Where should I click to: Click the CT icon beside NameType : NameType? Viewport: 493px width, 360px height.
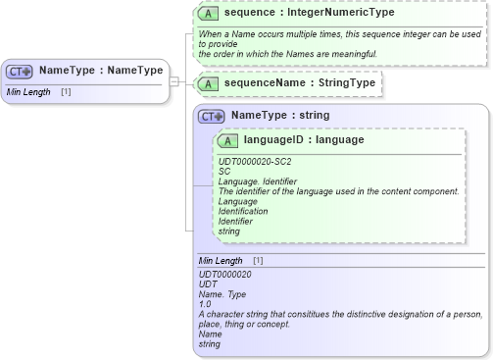tap(20, 71)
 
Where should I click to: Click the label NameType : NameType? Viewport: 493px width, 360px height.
tap(86, 71)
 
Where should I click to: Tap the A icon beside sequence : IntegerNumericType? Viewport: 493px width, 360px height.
tap(208, 14)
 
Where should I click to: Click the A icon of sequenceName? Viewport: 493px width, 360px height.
tap(207, 83)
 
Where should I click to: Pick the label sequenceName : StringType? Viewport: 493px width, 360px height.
tap(286, 83)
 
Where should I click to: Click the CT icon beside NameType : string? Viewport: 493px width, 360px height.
tap(212, 116)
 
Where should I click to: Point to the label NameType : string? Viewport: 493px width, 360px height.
tap(280, 116)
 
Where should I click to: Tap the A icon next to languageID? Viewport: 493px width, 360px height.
tap(230, 140)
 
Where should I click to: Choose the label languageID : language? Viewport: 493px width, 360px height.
tap(304, 140)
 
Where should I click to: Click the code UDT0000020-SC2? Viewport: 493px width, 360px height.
tap(254, 161)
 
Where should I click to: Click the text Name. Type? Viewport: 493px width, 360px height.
tap(222, 294)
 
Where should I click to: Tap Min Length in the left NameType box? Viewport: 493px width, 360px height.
tap(27, 92)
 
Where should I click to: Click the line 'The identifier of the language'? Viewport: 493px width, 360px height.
tap(338, 190)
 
